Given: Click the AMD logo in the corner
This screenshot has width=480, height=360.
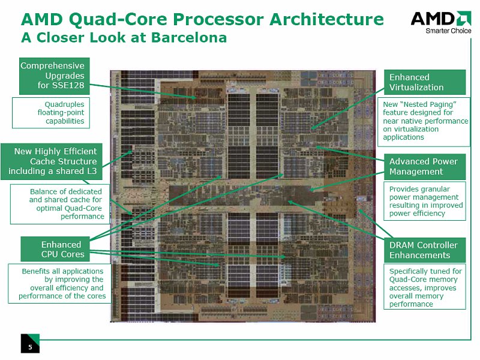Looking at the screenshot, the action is tap(441, 22).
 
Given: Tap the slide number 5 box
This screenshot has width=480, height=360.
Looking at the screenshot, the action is tap(30, 343).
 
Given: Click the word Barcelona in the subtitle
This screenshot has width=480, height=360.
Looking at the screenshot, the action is tap(189, 37).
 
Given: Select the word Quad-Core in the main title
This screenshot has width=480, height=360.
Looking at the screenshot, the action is tap(118, 19).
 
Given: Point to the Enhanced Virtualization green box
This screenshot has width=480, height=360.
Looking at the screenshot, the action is tap(425, 82).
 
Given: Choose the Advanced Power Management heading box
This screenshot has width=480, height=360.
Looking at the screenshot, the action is tap(425, 167).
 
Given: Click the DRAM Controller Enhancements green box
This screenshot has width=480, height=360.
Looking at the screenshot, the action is tap(425, 250).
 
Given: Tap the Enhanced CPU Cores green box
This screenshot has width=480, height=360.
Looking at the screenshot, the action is tap(55, 249).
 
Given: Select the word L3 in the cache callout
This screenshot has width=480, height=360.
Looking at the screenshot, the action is tap(92, 171).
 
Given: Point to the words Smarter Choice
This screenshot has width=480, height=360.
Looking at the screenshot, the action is tap(448, 31).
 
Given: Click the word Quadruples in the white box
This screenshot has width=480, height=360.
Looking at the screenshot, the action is tap(64, 104).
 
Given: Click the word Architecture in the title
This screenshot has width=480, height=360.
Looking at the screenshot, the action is tap(326, 19).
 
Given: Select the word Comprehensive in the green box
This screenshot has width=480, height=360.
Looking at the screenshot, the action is tap(52, 66).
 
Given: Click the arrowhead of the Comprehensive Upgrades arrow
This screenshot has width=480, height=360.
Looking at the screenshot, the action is tap(194, 98).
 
